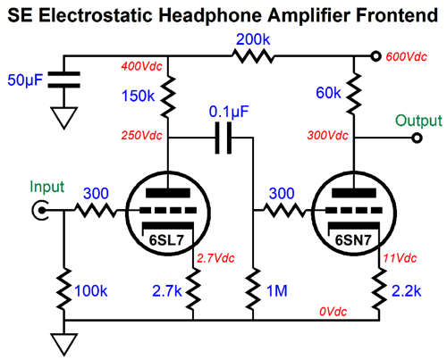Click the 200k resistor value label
tap(253, 39)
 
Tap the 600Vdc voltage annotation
tap(407, 56)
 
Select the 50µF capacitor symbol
tap(63, 80)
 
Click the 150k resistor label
tap(139, 96)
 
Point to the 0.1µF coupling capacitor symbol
tap(223, 138)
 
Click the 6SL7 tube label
tap(166, 240)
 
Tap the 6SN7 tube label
tap(353, 240)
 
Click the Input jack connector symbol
tap(40, 211)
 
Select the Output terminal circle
tap(417, 138)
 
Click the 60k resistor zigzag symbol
tap(354, 94)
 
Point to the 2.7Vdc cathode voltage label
tap(215, 258)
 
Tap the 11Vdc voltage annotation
tap(400, 258)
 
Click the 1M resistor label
tap(277, 291)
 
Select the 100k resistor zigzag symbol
tap(63, 289)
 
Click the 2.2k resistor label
tap(407, 291)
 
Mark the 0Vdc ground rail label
tap(333, 312)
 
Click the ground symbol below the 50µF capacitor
tap(63, 118)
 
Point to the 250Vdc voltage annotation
tap(141, 136)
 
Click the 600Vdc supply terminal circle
tap(375, 56)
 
